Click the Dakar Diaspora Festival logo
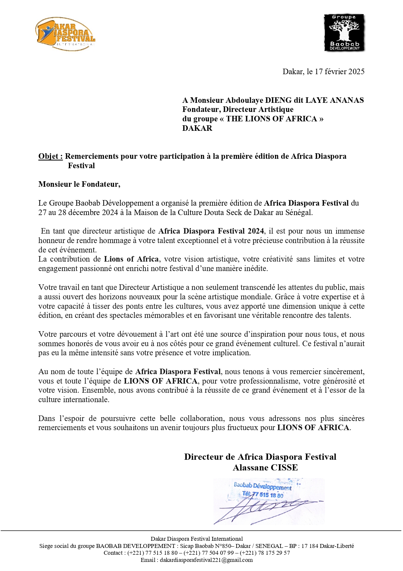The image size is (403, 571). click(x=65, y=34)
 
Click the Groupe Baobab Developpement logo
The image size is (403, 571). click(x=344, y=33)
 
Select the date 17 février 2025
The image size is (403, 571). click(x=339, y=72)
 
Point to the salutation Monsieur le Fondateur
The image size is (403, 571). click(x=79, y=184)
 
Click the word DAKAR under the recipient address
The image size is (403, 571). click(x=197, y=128)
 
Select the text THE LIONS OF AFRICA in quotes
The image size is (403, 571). click(x=271, y=119)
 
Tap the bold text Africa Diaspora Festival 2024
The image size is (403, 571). click(x=211, y=231)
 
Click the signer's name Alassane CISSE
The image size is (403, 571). click(x=265, y=468)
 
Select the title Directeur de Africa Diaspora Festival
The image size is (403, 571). click(x=260, y=457)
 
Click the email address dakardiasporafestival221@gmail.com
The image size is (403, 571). click(x=206, y=560)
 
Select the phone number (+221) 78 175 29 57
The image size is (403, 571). click(x=265, y=553)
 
